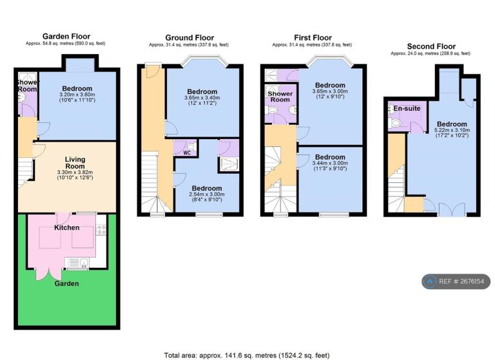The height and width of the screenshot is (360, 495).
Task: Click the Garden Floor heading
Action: pyautogui.click(x=66, y=36)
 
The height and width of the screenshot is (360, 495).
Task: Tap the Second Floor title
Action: pyautogui.click(x=431, y=46)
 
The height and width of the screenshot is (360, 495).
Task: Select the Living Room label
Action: pyautogui.click(x=75, y=163)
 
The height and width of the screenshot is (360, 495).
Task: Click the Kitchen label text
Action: pyautogui.click(x=66, y=227)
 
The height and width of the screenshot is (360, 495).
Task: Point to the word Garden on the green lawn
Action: pyautogui.click(x=66, y=283)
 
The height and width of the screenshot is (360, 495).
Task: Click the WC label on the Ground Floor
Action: pyautogui.click(x=187, y=153)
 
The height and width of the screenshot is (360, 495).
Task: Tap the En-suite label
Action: pyautogui.click(x=407, y=108)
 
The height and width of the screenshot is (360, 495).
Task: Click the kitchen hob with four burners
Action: pyautogui.click(x=101, y=230)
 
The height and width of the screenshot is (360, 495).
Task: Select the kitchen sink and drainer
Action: pyautogui.click(x=77, y=263)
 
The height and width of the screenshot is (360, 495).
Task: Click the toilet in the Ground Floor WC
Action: pyautogui.click(x=190, y=146)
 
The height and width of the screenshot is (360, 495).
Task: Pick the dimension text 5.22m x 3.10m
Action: pyautogui.click(x=452, y=130)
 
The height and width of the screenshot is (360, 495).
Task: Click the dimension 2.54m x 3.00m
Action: pyautogui.click(x=207, y=194)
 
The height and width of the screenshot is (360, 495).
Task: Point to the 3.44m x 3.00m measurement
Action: pyautogui.click(x=330, y=163)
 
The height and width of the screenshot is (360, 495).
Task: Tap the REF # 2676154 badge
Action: pyautogui.click(x=456, y=281)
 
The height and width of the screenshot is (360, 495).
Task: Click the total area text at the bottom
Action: pyautogui.click(x=247, y=355)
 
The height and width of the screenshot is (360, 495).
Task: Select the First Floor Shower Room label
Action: pyautogui.click(x=280, y=97)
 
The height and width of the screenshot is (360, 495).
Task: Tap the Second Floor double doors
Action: pyautogui.click(x=452, y=210)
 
